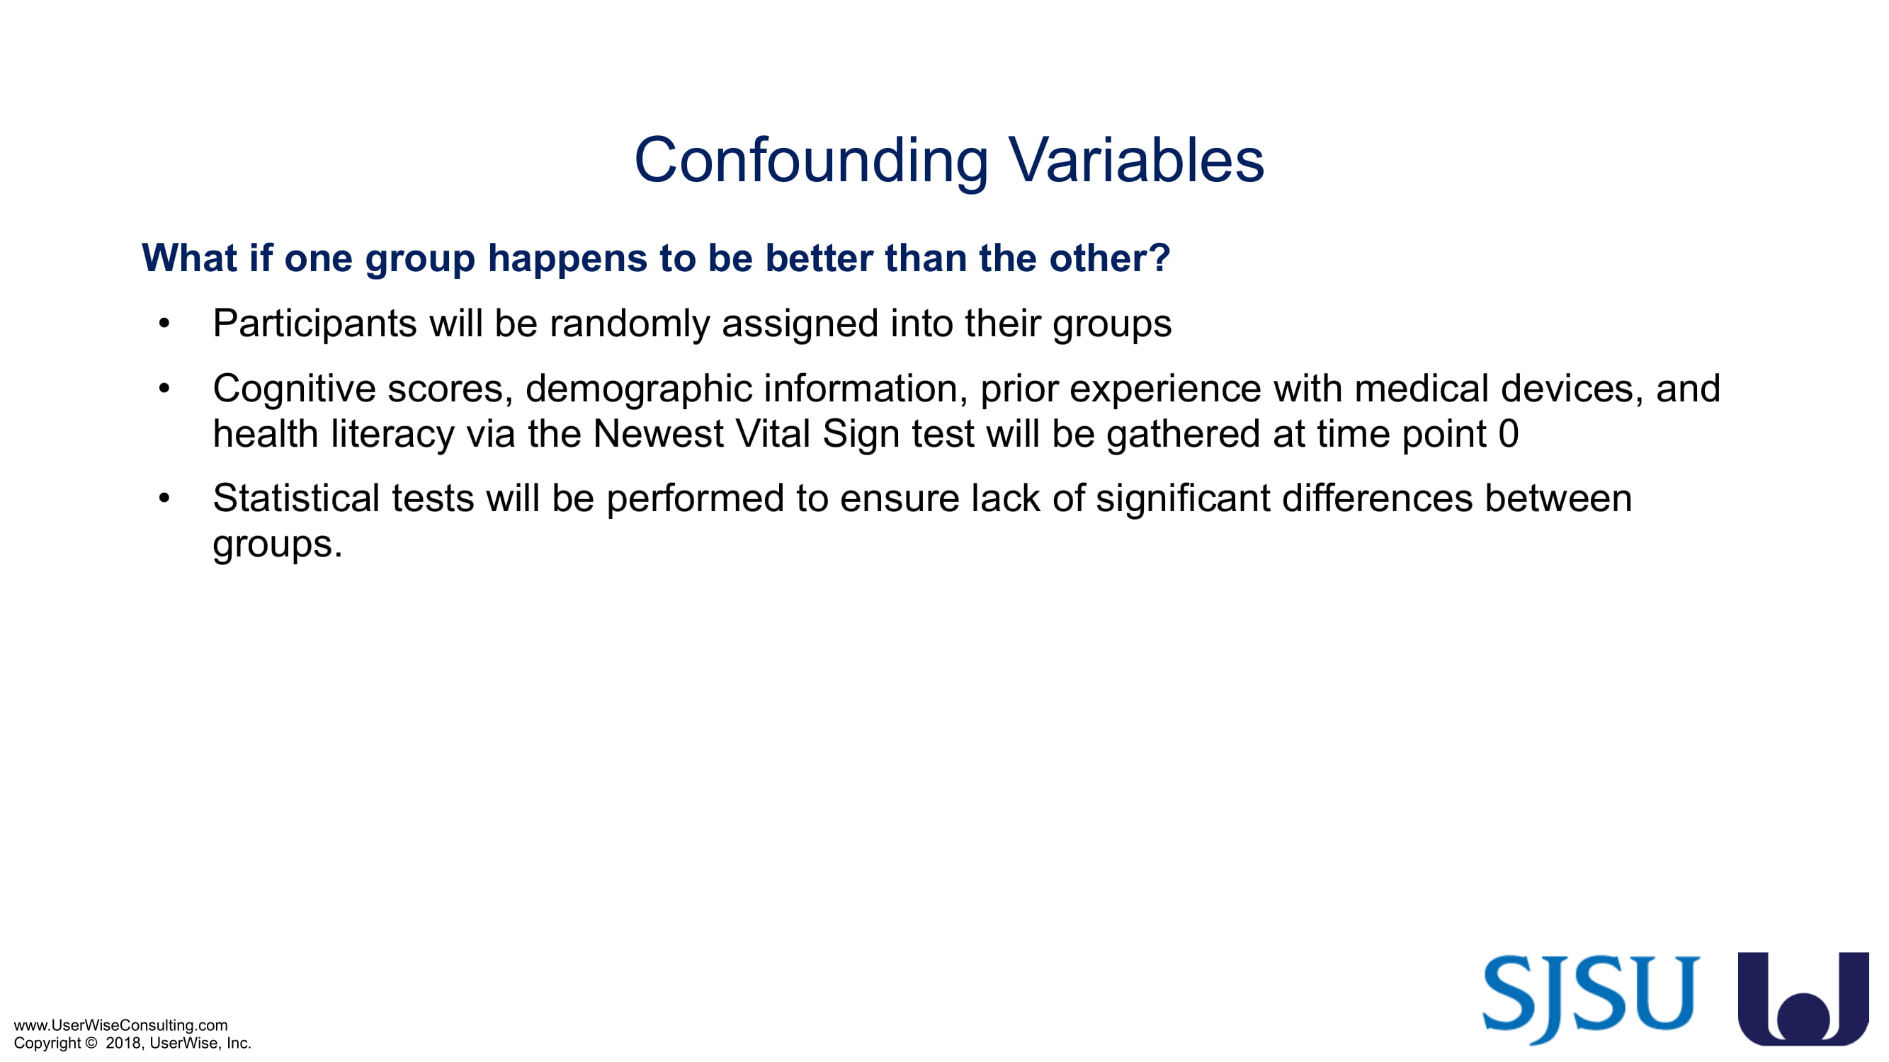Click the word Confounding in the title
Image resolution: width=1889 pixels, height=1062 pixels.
click(811, 161)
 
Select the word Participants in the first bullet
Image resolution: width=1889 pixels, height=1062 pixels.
click(314, 324)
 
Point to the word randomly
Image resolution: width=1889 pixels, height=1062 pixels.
click(629, 324)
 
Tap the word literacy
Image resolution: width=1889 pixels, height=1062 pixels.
click(392, 434)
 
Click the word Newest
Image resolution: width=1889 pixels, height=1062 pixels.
click(658, 433)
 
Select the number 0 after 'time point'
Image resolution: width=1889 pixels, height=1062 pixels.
click(1508, 433)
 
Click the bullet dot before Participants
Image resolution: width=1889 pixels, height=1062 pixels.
click(164, 324)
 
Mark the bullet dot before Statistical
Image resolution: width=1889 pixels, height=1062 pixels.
click(164, 498)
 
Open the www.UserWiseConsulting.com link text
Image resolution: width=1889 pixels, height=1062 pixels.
click(121, 1024)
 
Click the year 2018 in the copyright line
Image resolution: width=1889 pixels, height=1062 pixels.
click(123, 1042)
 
